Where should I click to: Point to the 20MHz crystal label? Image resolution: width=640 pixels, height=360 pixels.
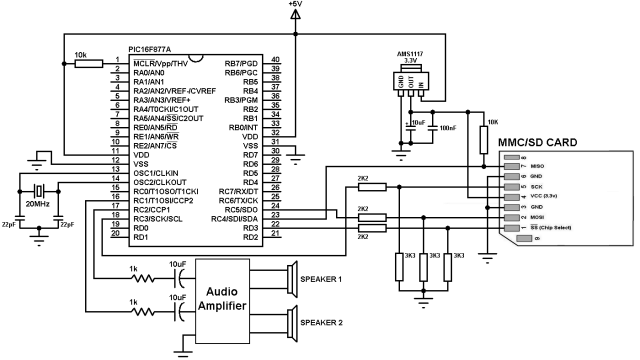pyautogui.click(x=35, y=203)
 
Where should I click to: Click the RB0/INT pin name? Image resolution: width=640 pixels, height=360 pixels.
pyautogui.click(x=244, y=128)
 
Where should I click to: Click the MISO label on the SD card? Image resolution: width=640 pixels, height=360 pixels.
pyautogui.click(x=538, y=167)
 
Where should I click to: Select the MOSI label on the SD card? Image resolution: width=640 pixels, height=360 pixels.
pyautogui.click(x=538, y=216)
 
